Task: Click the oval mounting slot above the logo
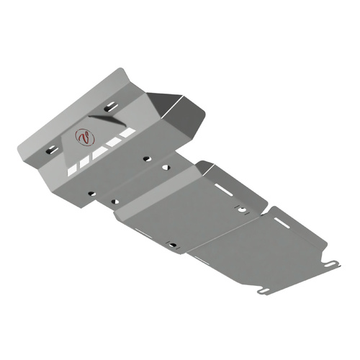coord(109,107)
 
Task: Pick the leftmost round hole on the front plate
coord(91,193)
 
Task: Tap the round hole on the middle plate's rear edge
coord(242,210)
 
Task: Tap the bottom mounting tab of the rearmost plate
coord(264,292)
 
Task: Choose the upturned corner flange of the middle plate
coord(204,168)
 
